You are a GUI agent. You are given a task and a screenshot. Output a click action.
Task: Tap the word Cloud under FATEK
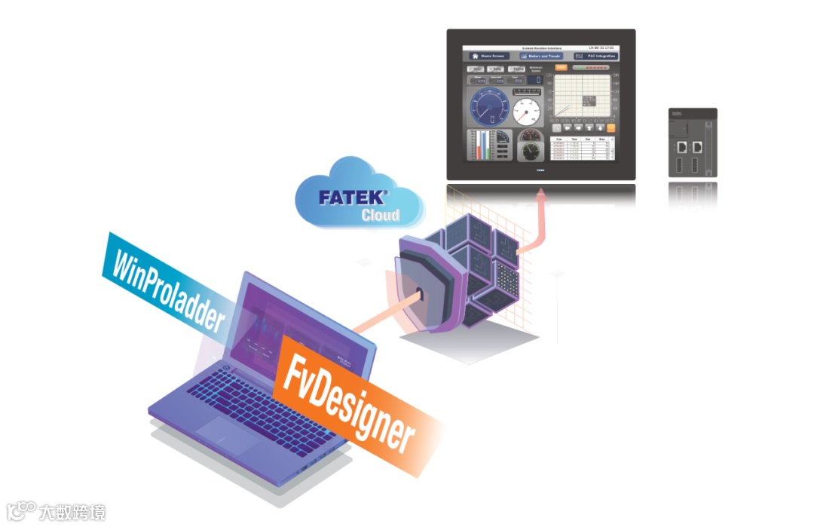coord(380,215)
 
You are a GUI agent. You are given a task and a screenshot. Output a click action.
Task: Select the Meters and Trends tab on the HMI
coord(541,56)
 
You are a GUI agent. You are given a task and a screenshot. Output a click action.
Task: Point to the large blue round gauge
coord(489,105)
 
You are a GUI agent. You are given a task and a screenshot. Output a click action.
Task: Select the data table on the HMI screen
coord(583,148)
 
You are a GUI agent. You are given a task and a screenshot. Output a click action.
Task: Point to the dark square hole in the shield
coord(418,291)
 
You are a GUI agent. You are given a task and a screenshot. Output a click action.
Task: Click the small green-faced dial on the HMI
coord(531,150)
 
